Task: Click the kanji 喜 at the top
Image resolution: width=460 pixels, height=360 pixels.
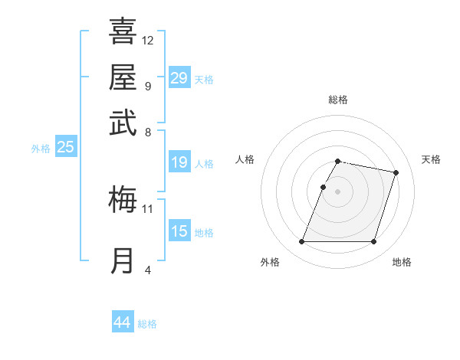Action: point(123,31)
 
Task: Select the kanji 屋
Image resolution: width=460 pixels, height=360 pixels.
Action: point(123,77)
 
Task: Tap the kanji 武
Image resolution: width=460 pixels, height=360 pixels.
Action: point(123,123)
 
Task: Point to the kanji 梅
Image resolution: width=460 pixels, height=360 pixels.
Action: point(123,200)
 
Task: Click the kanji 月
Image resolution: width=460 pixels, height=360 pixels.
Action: point(123,260)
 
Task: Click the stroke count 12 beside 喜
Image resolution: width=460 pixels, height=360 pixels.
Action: point(148,40)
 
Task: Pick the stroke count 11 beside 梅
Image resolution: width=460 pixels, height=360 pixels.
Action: point(148,208)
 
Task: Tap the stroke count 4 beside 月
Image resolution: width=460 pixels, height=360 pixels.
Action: point(148,270)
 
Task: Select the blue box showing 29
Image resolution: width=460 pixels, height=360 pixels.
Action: point(179,78)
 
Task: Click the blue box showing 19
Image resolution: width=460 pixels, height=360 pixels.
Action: point(179,162)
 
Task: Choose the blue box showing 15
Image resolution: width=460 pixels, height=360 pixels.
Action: point(179,231)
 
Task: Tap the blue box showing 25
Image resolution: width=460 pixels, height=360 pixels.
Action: point(65,148)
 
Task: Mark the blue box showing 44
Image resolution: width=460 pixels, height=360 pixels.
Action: point(123,322)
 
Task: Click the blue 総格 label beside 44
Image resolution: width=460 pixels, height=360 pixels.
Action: point(147,324)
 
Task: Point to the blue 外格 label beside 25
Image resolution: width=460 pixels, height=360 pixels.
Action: point(41,149)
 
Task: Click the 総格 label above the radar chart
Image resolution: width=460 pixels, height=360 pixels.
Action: point(337,100)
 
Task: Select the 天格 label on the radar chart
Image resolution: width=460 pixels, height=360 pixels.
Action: point(431,159)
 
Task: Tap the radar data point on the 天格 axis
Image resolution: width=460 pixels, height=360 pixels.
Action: point(396,173)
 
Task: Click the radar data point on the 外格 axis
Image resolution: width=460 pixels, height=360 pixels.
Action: point(301,242)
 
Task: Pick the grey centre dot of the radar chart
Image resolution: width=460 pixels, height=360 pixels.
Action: point(337,191)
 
